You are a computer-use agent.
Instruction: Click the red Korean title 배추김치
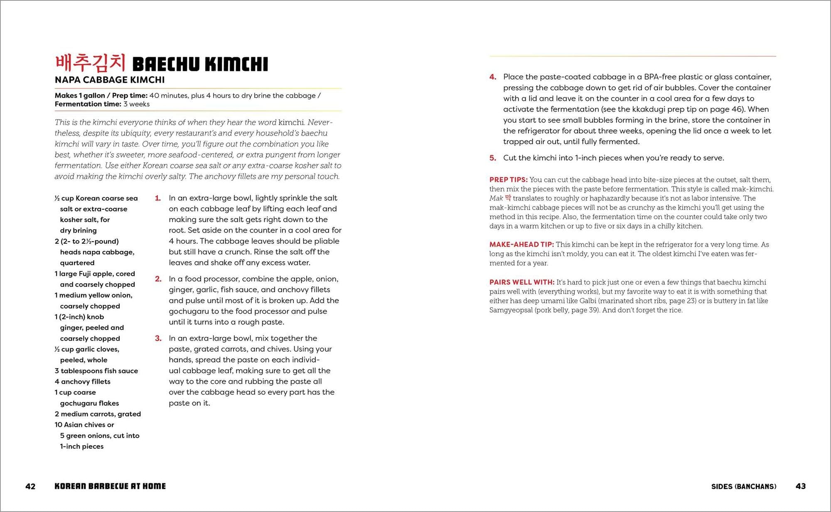(x=90, y=63)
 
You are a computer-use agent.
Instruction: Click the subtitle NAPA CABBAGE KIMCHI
(x=110, y=80)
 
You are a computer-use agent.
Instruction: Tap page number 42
(x=30, y=486)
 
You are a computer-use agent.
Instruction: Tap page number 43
(x=800, y=486)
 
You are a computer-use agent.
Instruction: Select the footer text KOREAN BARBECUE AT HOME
(x=110, y=486)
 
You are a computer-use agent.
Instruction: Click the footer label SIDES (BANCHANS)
(x=743, y=486)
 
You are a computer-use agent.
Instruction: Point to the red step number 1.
(x=158, y=198)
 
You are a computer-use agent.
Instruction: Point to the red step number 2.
(x=158, y=279)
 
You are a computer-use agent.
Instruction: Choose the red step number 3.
(x=158, y=338)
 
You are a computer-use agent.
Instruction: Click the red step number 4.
(x=492, y=77)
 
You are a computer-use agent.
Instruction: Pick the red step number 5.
(x=492, y=158)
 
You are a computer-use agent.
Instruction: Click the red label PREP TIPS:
(x=508, y=180)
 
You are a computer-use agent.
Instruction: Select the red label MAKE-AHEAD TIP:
(x=521, y=245)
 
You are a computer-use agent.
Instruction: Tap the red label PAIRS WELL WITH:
(x=521, y=282)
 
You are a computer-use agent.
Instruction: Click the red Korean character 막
(x=508, y=198)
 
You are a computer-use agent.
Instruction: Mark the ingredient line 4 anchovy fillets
(x=82, y=382)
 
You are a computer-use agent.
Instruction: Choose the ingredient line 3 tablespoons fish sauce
(x=96, y=371)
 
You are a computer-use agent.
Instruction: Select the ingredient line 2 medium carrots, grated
(x=98, y=414)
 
